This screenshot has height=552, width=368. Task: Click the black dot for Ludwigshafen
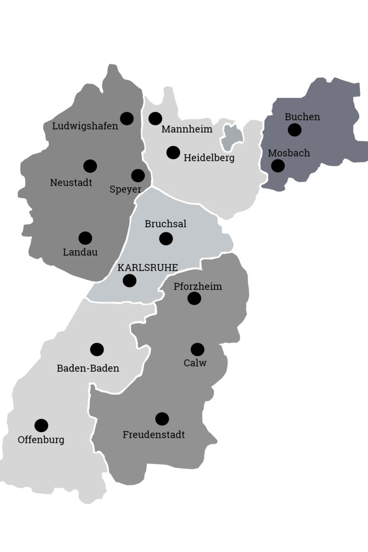click(x=127, y=118)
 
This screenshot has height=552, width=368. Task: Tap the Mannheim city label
click(x=187, y=129)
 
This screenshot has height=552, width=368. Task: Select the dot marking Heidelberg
click(x=173, y=153)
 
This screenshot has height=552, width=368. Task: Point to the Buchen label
click(x=302, y=117)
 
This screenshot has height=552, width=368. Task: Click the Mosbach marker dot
click(x=278, y=166)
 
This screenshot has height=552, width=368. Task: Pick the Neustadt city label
click(x=71, y=183)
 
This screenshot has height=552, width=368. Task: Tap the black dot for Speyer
click(x=138, y=176)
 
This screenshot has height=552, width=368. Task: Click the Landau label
click(x=80, y=252)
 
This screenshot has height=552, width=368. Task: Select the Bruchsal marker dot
click(x=166, y=238)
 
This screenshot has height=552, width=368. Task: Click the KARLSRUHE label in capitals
click(x=148, y=268)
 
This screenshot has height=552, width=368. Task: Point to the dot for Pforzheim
click(x=194, y=298)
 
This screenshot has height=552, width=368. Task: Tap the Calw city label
click(x=195, y=363)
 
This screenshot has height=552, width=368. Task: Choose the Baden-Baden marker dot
click(x=97, y=349)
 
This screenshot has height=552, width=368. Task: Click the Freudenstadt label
click(x=153, y=435)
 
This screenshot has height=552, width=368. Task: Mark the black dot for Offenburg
click(x=41, y=425)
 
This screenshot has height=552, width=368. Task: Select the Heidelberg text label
click(x=209, y=158)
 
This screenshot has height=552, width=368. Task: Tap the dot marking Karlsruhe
click(x=129, y=281)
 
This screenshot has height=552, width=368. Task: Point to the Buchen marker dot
click(x=294, y=130)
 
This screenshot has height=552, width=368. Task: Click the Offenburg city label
click(x=41, y=440)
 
